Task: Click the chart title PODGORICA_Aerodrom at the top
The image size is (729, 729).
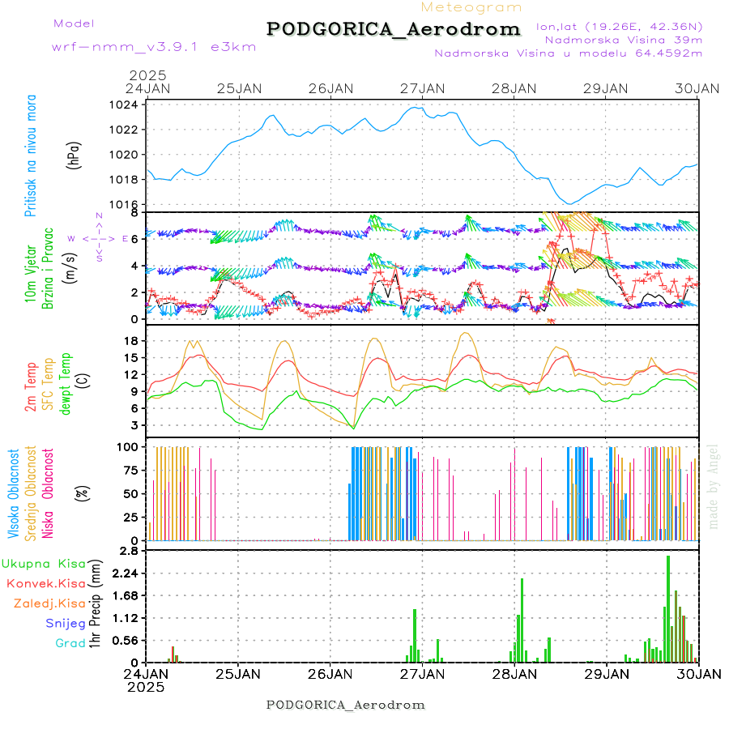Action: [x=394, y=29]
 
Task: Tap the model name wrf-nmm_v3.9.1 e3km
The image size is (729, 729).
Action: [x=154, y=47]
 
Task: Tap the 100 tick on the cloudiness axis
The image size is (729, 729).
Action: [x=126, y=446]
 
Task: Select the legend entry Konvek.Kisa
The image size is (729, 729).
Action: [x=46, y=583]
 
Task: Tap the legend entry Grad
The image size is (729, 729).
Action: [x=70, y=643]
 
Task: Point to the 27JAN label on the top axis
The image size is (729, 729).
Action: [x=422, y=87]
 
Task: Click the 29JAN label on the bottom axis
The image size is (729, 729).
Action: [x=607, y=673]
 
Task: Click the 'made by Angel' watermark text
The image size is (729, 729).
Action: [x=714, y=486]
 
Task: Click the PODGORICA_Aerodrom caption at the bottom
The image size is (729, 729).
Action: [x=346, y=705]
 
